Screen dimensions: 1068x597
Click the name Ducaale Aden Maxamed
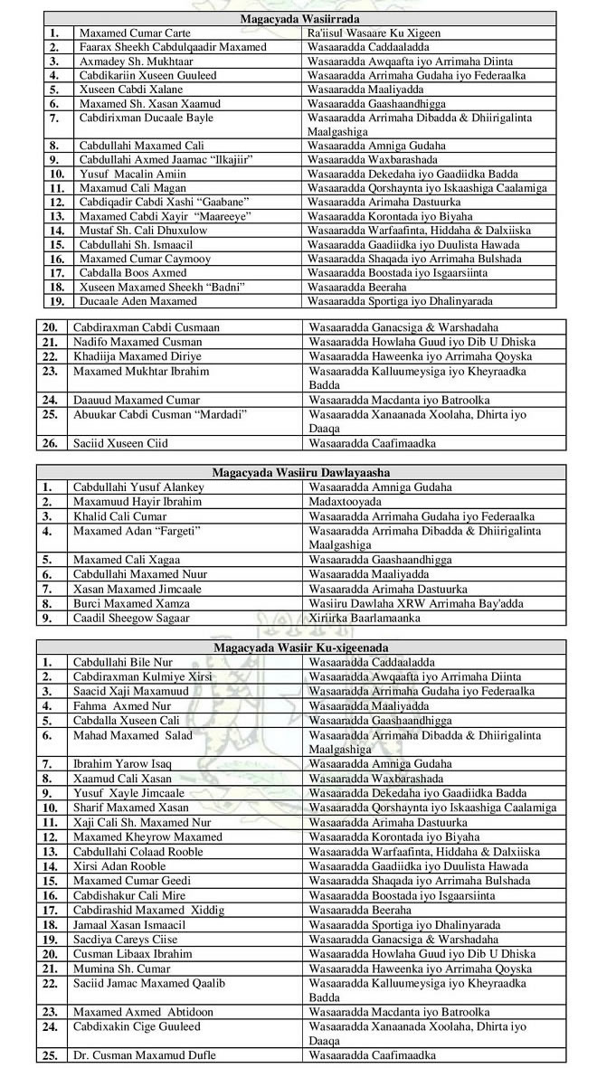click(x=137, y=300)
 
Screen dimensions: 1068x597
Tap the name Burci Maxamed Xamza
click(x=131, y=603)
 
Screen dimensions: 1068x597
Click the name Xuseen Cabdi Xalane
click(x=131, y=89)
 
